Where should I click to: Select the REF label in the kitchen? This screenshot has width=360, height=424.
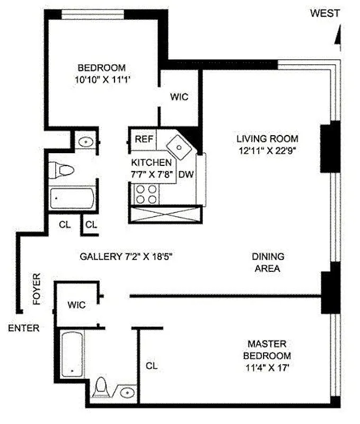click(x=144, y=139)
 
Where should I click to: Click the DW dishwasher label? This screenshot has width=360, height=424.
click(x=185, y=174)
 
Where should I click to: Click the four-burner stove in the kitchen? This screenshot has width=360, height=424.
click(x=146, y=194)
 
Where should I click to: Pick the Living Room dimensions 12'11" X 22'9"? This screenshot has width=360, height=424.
click(x=267, y=150)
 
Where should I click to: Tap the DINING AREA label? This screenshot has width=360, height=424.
click(x=267, y=262)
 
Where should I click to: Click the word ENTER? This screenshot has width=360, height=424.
click(x=23, y=328)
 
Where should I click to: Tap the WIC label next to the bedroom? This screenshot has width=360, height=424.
click(x=179, y=97)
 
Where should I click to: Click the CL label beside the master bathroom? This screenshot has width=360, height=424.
click(x=152, y=366)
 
